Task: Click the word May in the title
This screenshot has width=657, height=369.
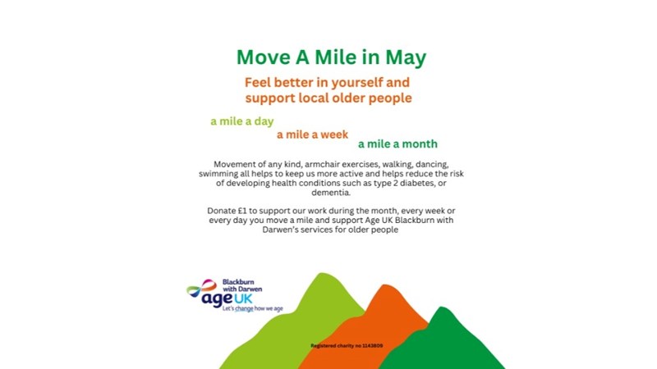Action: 406,58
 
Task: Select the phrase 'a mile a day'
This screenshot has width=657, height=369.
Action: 241,121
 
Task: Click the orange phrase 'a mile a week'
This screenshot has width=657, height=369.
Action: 312,134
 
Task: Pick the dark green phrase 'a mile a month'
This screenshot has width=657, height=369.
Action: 397,144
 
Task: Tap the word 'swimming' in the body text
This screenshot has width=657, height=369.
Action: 215,174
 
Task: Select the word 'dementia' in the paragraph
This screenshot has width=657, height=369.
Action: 330,193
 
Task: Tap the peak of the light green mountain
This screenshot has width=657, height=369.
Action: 322,274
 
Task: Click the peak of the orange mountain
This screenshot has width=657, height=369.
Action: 384,285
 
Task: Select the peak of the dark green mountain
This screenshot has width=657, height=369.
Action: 442,307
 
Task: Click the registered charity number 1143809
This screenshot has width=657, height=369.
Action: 347,346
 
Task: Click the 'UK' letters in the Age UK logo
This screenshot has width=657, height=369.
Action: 243,298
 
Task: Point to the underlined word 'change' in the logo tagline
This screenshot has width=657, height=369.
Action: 244,309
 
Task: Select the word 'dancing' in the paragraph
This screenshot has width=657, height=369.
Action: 432,165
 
